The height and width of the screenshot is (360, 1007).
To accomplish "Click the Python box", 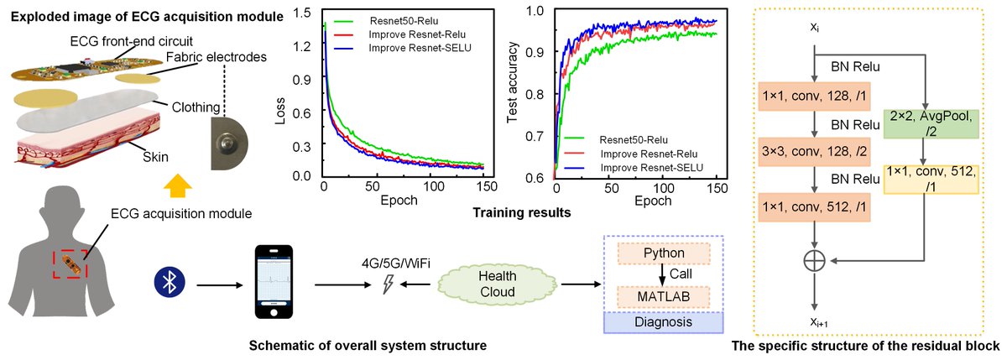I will (x=664, y=252).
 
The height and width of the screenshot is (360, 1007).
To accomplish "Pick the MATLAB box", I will (x=664, y=295).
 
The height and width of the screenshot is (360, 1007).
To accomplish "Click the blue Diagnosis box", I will (x=664, y=322).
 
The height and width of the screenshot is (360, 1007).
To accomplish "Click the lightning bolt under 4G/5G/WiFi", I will (x=387, y=285).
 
